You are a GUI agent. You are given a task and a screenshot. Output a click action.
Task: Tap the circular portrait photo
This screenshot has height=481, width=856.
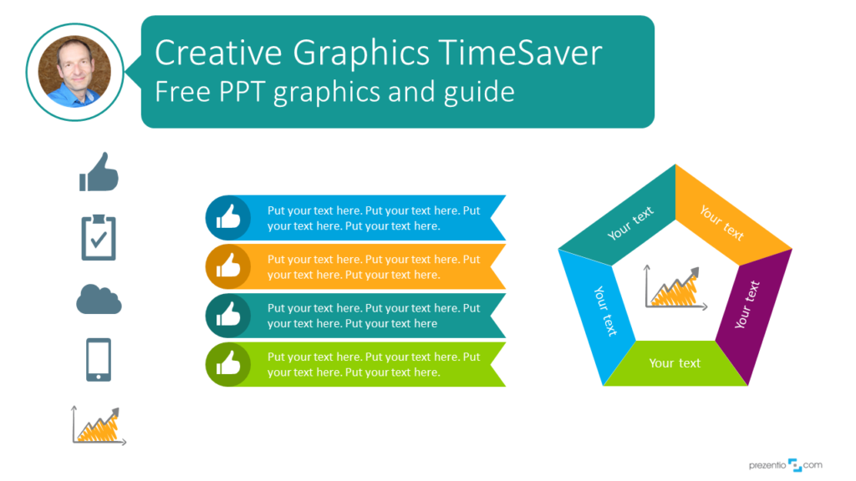coord(74,72)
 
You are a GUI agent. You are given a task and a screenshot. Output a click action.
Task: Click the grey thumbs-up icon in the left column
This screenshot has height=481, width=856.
coord(99,172)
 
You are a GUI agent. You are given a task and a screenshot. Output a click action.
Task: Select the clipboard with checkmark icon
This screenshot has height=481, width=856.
coord(99,237)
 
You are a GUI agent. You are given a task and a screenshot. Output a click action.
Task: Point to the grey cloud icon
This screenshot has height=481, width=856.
coord(99,300)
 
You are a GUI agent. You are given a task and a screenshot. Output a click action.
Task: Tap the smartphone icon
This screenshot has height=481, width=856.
coord(99,360)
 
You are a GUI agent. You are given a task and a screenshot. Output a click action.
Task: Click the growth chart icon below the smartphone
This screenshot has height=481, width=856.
coord(99,425)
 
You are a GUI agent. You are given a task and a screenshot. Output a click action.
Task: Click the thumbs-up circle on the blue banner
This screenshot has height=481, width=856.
coord(228,218)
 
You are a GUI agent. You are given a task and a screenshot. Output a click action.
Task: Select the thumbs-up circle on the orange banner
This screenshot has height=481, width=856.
coord(228,266)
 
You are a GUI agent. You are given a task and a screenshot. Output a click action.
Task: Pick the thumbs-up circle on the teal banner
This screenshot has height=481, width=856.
coord(228,315)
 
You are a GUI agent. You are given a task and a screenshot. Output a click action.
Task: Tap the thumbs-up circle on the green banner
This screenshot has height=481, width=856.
coord(228,364)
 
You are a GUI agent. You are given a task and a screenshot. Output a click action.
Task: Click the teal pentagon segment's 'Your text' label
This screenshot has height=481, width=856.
coord(630,223)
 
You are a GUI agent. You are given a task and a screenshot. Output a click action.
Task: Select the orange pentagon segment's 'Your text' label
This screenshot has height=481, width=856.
coord(721,222)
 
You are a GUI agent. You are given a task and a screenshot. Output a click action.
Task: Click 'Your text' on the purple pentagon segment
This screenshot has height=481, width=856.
coord(746,304)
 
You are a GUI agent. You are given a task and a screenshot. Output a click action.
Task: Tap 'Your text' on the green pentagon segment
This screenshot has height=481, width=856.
coord(675,363)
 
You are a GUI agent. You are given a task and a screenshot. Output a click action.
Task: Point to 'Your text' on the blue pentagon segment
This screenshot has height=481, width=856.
coord(605,311)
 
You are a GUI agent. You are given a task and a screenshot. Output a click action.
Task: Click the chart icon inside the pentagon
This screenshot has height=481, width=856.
coord(676,288)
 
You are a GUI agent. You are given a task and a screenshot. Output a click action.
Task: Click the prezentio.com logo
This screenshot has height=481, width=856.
coord(786,465)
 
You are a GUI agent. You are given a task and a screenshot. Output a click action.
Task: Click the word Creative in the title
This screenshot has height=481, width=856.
coord(218,53)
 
